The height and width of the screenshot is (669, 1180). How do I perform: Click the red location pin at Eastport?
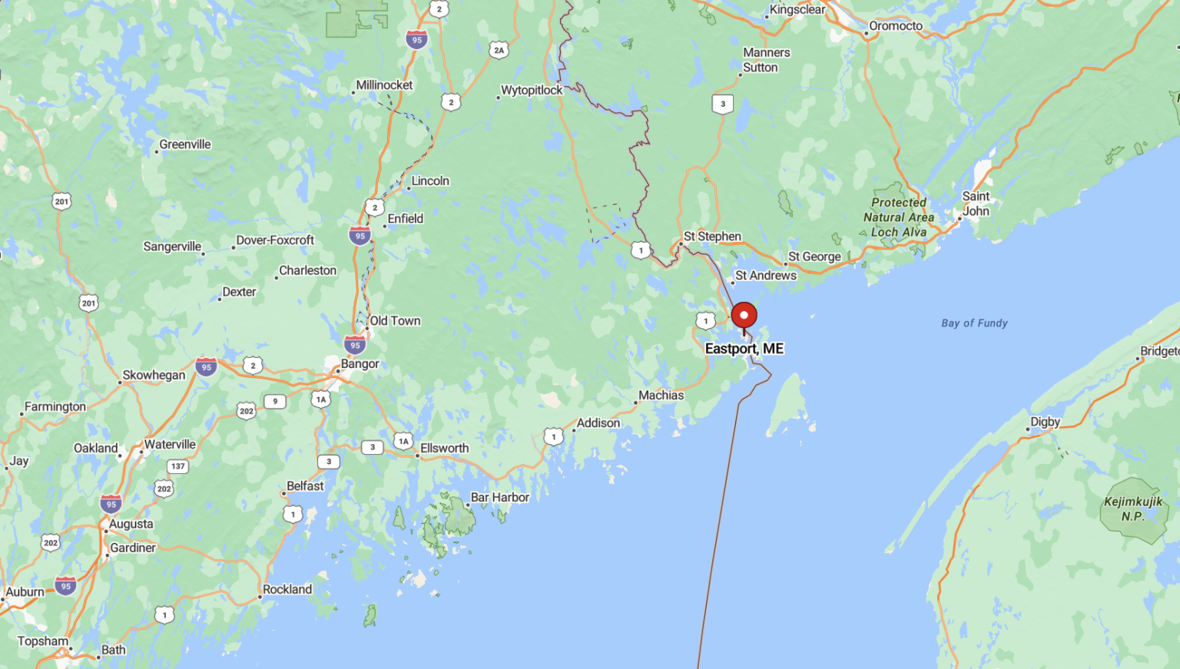(744, 316)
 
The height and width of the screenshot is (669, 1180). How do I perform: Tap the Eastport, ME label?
(744, 349)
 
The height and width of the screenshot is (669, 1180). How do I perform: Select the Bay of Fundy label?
(974, 323)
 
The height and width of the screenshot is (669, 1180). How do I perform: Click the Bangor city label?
(360, 364)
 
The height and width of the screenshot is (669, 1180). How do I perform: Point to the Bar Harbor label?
(500, 498)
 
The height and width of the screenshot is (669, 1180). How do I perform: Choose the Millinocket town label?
(384, 85)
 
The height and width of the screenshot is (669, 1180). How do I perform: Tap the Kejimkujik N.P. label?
(1133, 509)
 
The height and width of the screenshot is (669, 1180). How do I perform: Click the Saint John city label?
(976, 204)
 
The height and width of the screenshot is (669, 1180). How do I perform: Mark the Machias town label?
(661, 396)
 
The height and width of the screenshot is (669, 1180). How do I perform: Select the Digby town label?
(1045, 422)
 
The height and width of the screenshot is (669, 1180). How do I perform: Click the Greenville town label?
(185, 144)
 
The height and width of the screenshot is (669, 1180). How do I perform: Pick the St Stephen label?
(712, 237)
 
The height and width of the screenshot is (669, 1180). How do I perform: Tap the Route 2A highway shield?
(499, 51)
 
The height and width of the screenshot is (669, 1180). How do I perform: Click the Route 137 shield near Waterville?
(178, 466)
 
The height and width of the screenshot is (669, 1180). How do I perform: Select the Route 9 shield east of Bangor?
(275, 401)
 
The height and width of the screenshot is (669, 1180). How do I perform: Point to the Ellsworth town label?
(444, 449)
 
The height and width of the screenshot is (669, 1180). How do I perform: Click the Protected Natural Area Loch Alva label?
(899, 217)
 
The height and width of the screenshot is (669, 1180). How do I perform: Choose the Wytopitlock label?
(532, 91)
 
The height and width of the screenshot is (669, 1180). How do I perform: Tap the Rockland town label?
(287, 590)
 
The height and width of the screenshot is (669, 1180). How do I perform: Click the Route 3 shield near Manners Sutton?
(722, 104)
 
